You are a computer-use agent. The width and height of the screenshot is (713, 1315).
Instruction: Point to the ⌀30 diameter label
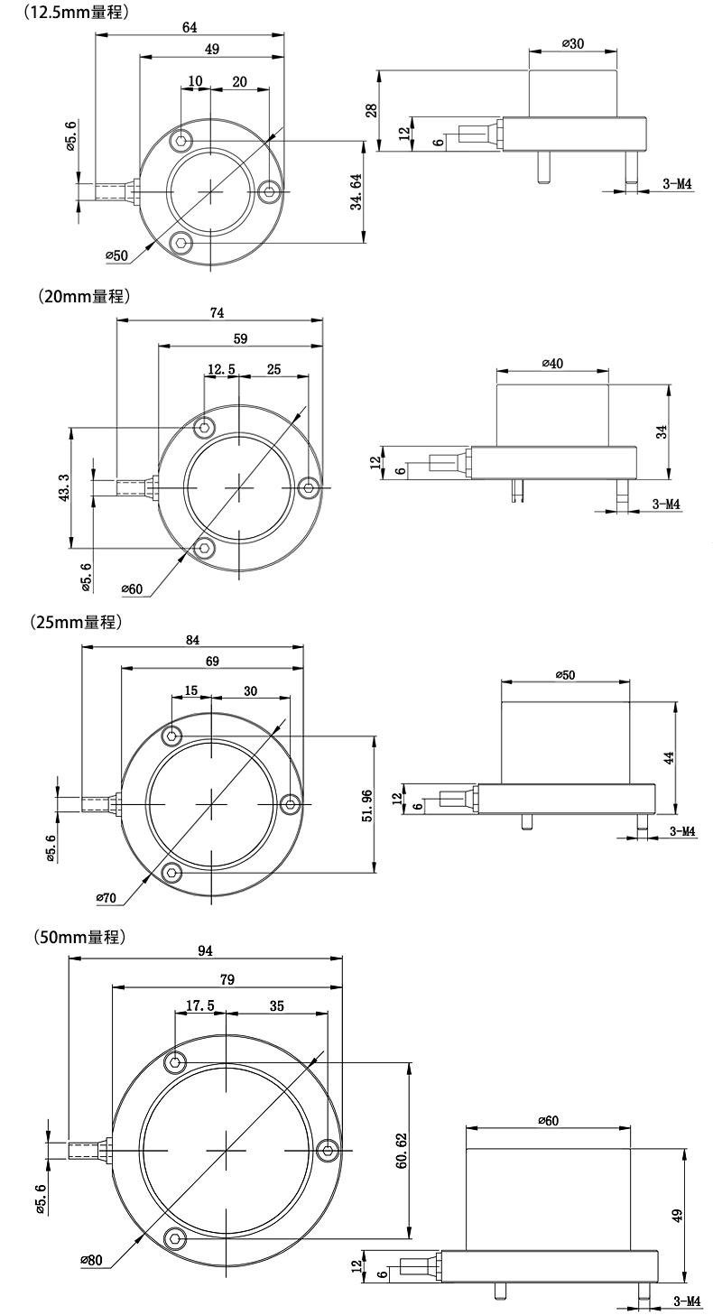coord(572,43)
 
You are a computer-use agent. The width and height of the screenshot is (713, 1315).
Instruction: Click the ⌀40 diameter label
coord(552,364)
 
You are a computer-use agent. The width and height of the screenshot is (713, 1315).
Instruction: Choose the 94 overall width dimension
coord(206,950)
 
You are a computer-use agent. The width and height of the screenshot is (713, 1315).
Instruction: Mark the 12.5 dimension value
coord(221,369)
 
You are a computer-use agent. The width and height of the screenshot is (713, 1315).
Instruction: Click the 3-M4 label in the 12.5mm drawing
coord(677,183)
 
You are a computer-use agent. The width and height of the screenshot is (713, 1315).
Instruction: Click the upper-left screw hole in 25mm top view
coord(171,736)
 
